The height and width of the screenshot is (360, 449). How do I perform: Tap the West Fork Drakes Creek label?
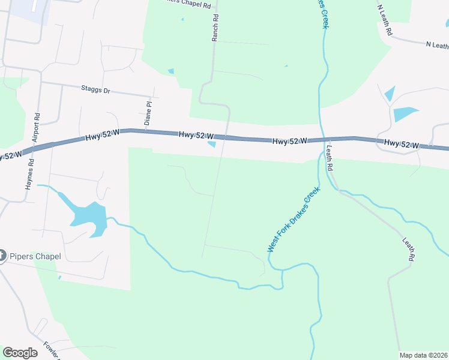(x=294, y=220)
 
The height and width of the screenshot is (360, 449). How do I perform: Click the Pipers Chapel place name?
(x=35, y=257)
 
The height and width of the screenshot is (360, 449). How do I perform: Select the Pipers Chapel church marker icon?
(x=2, y=256)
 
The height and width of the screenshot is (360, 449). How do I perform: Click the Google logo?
(x=20, y=353)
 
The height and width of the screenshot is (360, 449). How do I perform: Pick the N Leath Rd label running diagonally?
(x=385, y=21)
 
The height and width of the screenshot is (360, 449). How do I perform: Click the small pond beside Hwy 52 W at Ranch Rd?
(x=211, y=144)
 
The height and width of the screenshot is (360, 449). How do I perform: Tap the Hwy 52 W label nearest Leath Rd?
(x=290, y=141)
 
